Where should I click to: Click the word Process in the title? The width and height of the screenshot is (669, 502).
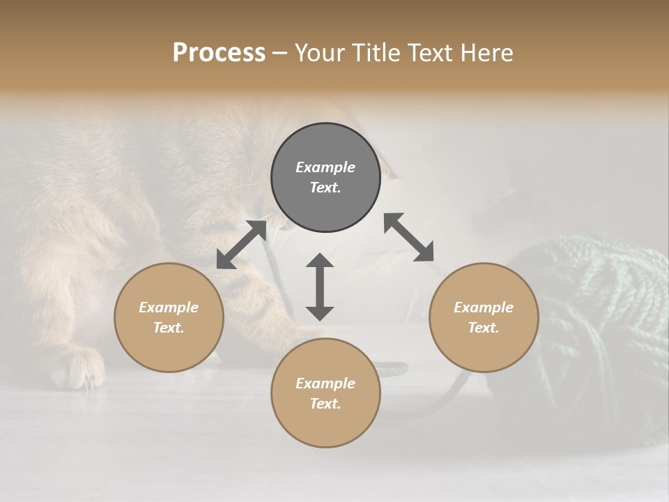tap(219, 53)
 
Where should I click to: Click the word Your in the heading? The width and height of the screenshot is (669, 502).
tap(320, 53)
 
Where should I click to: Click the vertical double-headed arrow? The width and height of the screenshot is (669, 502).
tap(320, 287)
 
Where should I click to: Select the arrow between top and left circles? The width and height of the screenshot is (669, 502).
tap(241, 245)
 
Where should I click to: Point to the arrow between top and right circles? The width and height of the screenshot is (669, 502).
tap(409, 237)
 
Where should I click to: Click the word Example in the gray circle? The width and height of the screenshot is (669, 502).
tap(325, 167)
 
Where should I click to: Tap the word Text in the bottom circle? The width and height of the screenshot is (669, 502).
tap(325, 404)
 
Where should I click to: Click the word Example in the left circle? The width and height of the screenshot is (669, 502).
tap(169, 307)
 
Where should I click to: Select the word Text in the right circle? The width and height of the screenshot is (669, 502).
tap(484, 328)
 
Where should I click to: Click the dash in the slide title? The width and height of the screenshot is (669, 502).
tap(279, 54)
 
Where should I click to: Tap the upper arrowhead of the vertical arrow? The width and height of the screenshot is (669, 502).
tap(320, 261)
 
